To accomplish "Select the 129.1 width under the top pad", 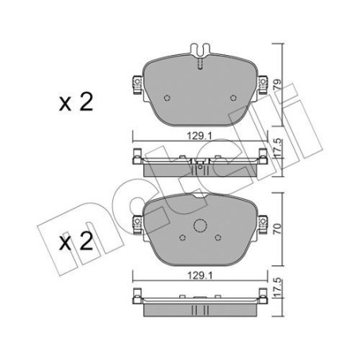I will click(x=200, y=136).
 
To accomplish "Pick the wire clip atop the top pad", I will click(x=200, y=51).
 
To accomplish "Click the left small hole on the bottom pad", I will click(x=182, y=236).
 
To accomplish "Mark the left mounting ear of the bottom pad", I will click(x=137, y=225).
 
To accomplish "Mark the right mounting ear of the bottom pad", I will click(x=263, y=225).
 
